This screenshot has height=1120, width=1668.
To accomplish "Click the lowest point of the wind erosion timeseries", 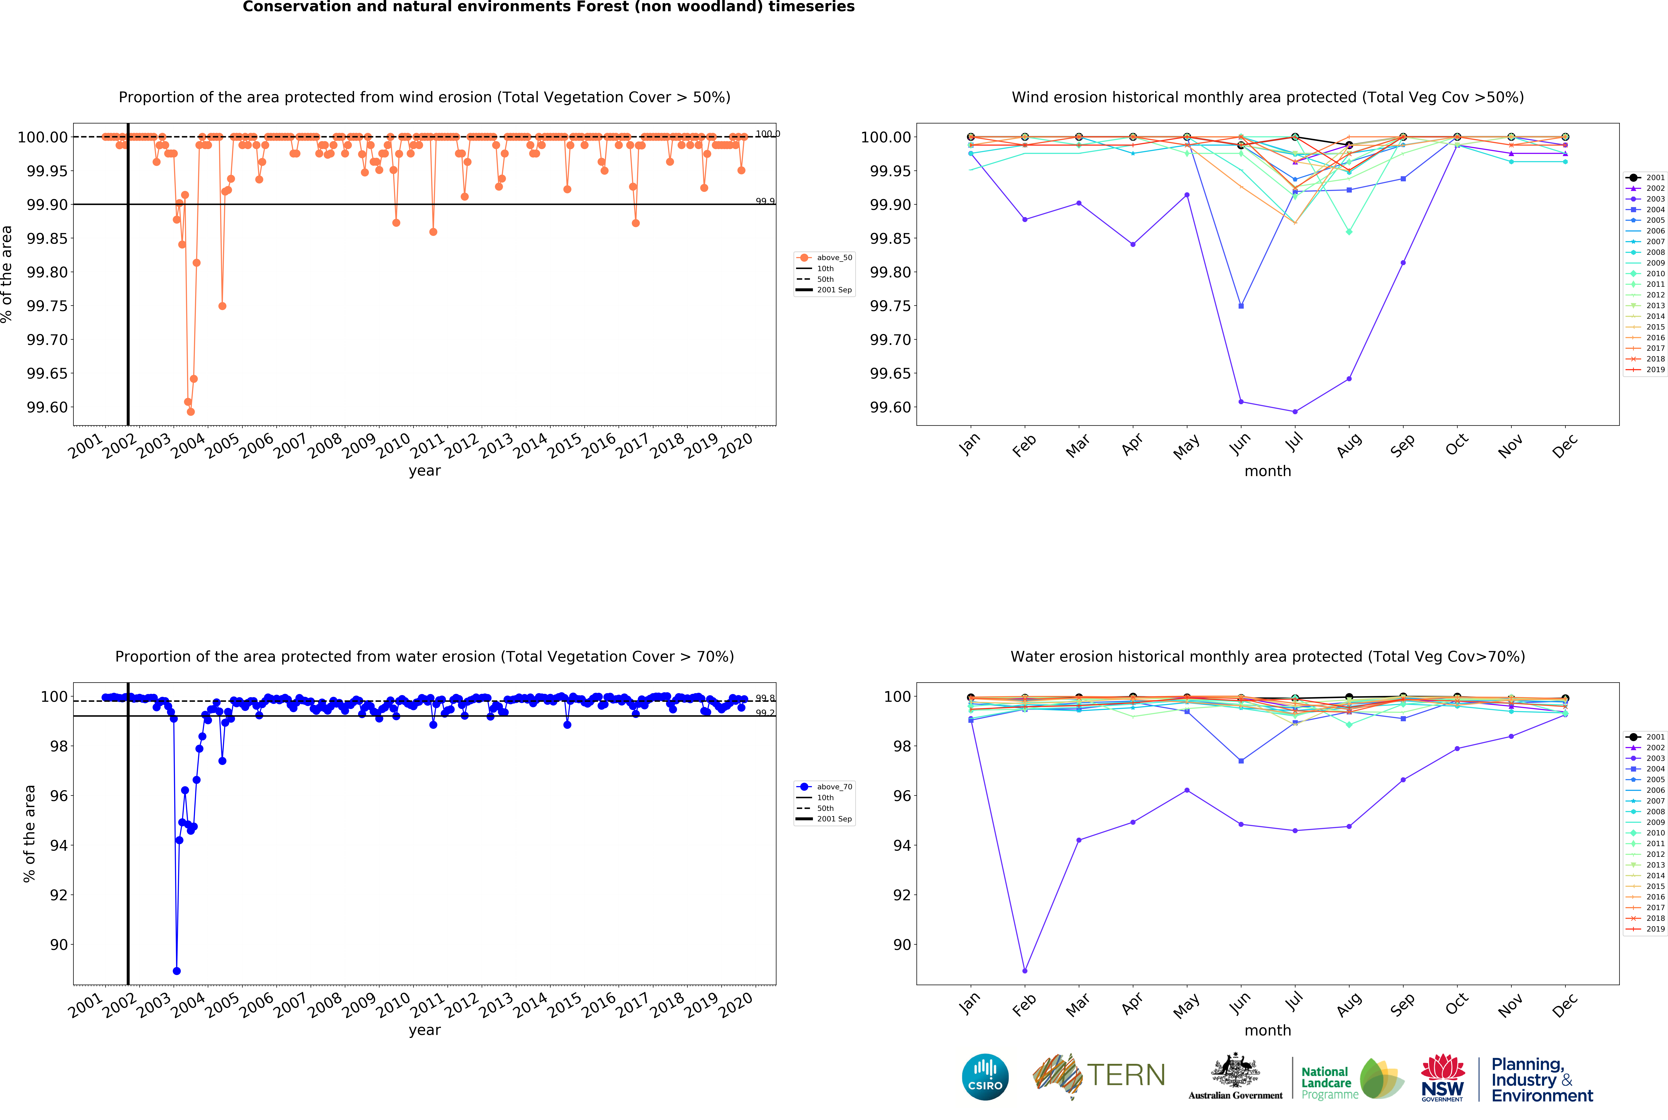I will pos(191,411).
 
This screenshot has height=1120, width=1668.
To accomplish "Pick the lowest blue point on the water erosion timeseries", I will pos(177,971).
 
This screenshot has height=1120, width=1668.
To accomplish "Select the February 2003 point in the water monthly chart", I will pos(1025,971).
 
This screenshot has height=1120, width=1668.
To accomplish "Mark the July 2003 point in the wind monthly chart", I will pos(1295,411).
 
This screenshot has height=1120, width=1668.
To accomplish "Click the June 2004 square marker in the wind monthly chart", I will pos(1241,306).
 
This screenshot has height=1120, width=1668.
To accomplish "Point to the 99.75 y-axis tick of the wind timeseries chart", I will pos(47,306).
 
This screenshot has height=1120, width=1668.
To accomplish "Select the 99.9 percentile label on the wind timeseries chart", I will pos(765,201).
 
